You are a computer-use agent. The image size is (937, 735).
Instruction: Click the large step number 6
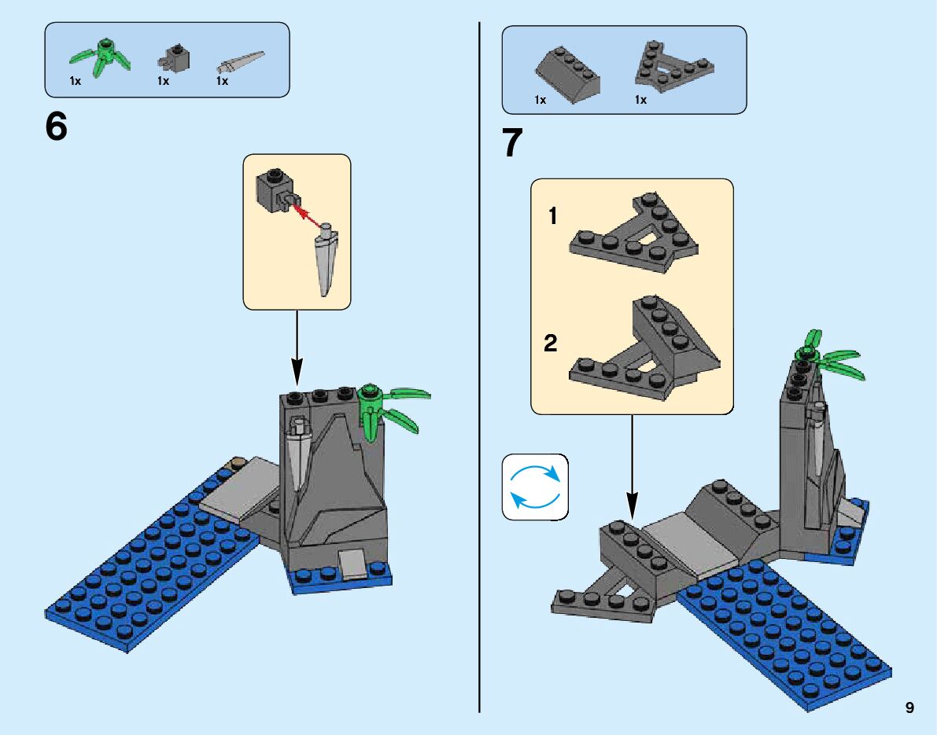click(56, 127)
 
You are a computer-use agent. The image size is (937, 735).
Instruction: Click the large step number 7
click(513, 143)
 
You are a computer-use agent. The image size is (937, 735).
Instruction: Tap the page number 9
click(909, 707)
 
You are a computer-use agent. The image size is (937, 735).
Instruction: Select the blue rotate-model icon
click(535, 487)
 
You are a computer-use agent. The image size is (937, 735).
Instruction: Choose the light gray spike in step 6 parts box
click(241, 63)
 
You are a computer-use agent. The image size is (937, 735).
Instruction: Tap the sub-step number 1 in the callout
click(553, 216)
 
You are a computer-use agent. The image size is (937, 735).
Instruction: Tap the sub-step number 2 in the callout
click(551, 343)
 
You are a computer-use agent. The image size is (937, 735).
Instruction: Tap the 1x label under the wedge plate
click(640, 101)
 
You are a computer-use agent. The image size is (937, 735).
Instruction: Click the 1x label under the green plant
click(76, 81)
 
